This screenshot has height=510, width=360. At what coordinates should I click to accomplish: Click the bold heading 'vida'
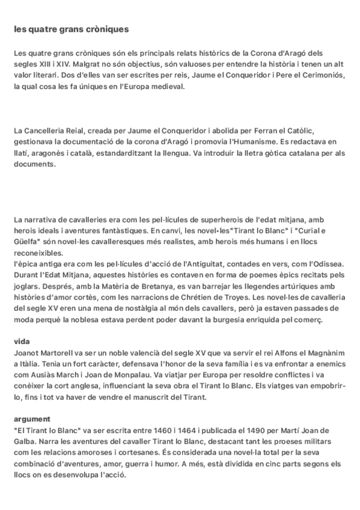pyautogui.click(x=22, y=341)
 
